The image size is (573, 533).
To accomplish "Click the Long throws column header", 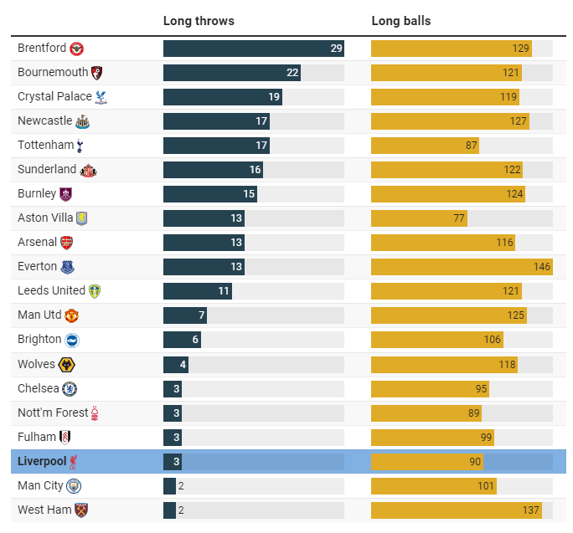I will tap(199, 21).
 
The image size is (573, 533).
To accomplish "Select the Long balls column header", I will tap(400, 21).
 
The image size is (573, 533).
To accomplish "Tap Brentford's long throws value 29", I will tap(336, 49).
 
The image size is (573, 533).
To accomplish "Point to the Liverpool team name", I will tap(42, 461).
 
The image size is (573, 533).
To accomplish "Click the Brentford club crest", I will tap(76, 49).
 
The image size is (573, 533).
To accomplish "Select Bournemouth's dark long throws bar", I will tap(231, 73).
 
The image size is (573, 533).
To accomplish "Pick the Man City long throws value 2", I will tap(181, 485).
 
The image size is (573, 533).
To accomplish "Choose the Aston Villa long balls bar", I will tap(418, 218).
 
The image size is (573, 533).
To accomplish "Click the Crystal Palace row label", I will tap(54, 97).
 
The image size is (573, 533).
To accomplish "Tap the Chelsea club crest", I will tap(70, 388).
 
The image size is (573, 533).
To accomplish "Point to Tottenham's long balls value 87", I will tap(472, 146).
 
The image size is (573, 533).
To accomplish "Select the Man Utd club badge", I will tap(72, 315).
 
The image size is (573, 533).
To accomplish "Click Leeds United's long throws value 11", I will tap(224, 291).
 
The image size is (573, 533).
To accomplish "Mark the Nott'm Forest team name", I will tap(51, 413).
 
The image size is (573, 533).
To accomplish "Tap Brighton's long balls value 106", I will tap(492, 340).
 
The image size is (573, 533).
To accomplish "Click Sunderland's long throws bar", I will tap(213, 170).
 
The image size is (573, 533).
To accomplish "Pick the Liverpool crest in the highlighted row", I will tap(75, 461).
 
